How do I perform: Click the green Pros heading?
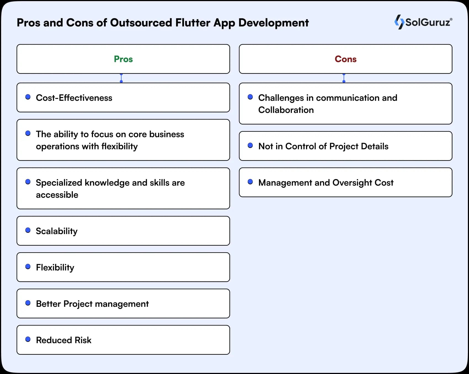tap(123, 59)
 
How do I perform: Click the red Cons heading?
tap(345, 59)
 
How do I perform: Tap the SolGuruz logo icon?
tap(399, 22)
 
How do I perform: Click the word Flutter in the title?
tap(193, 23)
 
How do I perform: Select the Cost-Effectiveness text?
tap(74, 98)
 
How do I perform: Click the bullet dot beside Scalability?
tap(28, 230)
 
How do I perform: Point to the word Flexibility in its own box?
tap(55, 267)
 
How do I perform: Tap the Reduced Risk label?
tap(63, 340)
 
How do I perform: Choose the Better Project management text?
tap(92, 304)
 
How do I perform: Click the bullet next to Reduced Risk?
tap(28, 339)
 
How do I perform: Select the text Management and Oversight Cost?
tap(326, 183)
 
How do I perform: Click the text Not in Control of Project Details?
tap(323, 146)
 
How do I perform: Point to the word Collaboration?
tap(286, 110)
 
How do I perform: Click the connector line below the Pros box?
tap(121, 78)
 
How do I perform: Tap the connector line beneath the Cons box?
tap(344, 78)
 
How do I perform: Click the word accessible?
tap(57, 195)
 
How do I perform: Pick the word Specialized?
tap(59, 183)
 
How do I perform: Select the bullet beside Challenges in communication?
tap(250, 97)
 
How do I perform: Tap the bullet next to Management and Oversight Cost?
tap(250, 182)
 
